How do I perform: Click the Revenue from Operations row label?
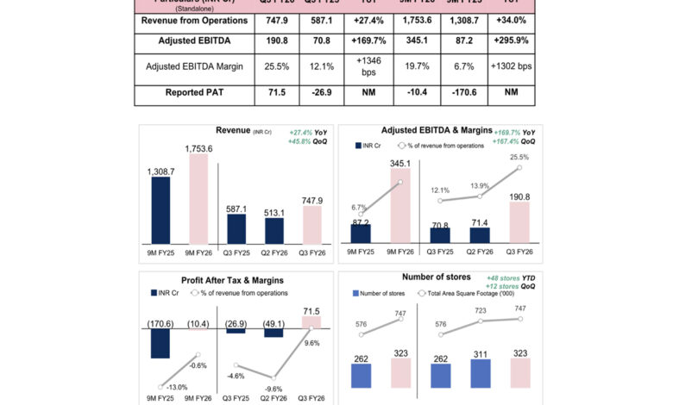click(x=193, y=19)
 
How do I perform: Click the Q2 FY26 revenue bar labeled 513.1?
click(x=274, y=230)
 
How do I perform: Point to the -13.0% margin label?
click(x=177, y=387)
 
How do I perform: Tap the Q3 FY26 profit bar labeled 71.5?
click(x=311, y=321)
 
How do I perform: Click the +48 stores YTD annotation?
click(x=510, y=277)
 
